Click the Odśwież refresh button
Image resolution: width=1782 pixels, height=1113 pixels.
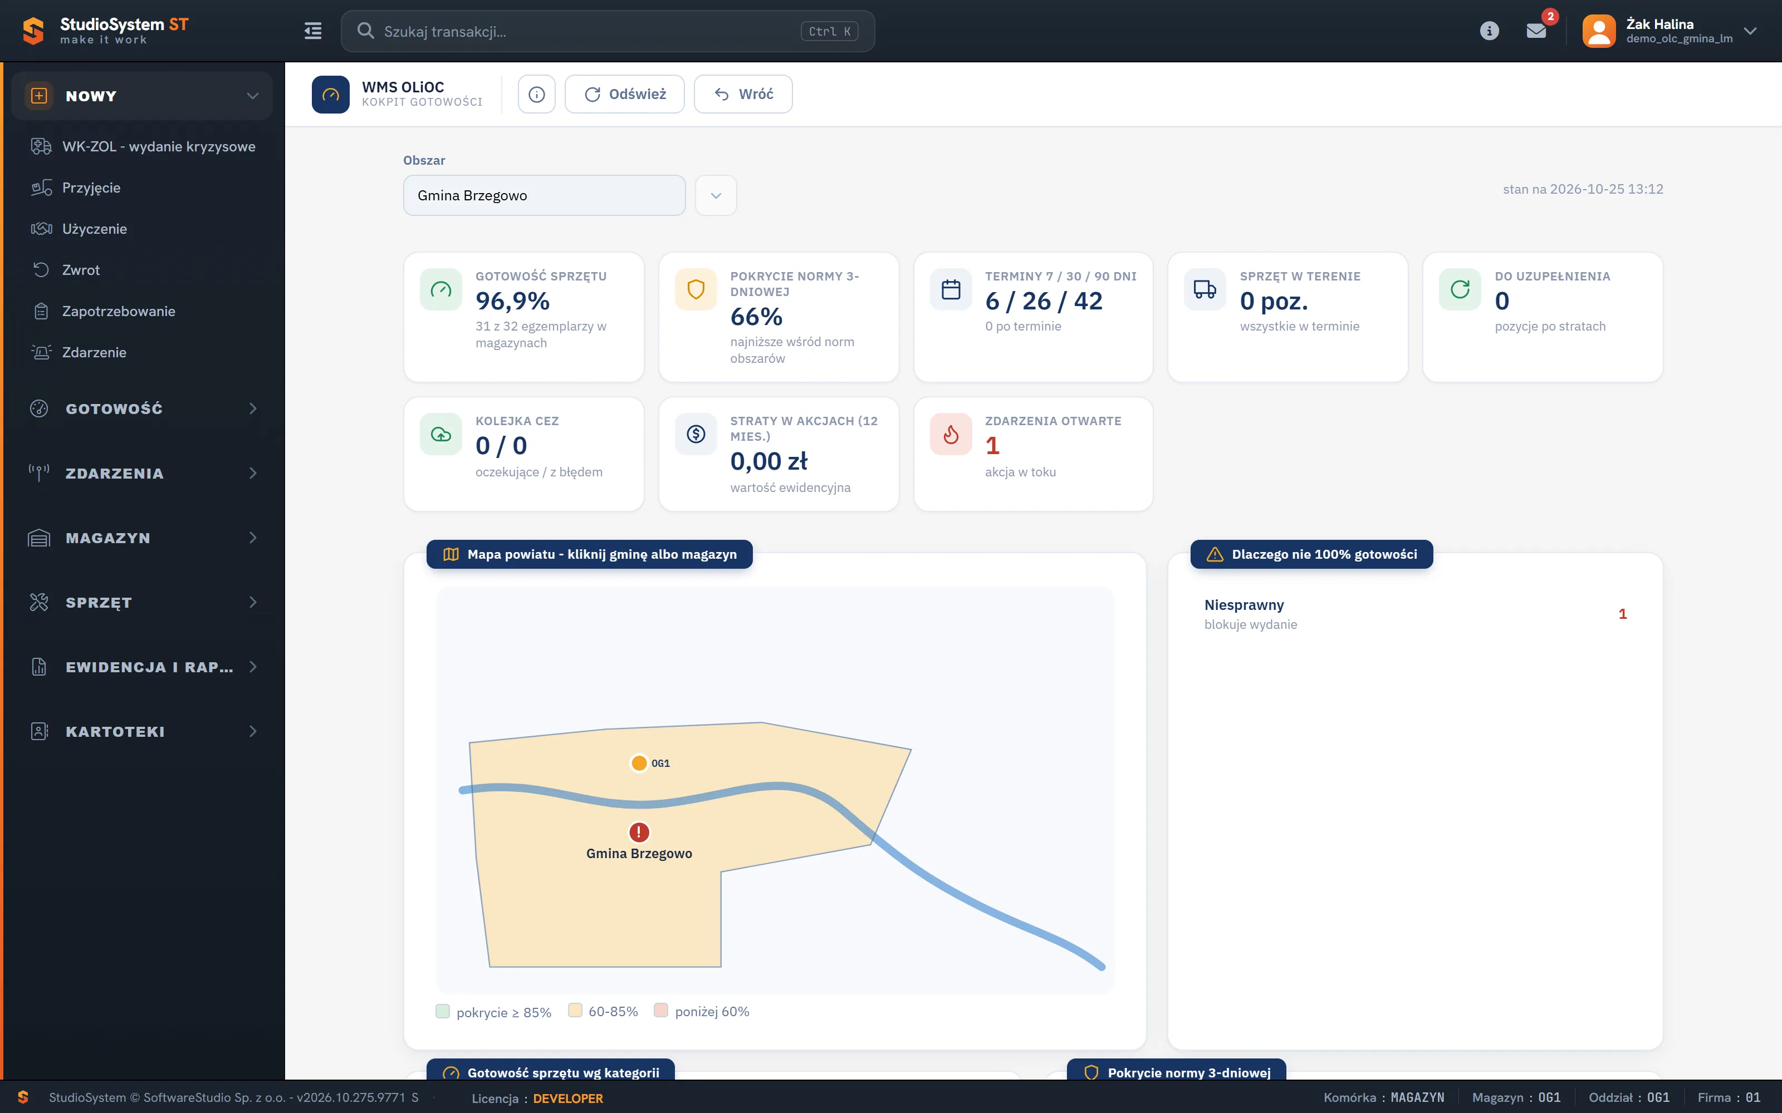point(624,94)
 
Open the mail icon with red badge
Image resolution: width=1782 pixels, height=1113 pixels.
point(1536,31)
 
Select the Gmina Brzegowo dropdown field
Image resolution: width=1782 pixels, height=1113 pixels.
point(544,195)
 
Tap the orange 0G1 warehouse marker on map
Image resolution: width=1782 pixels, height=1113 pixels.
point(639,762)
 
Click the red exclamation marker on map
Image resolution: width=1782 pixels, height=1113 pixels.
point(639,832)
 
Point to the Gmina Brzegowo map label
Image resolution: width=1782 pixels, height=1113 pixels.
point(639,853)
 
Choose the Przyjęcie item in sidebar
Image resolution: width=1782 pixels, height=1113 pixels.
point(91,188)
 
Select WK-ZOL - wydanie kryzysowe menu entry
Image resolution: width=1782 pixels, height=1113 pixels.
point(159,146)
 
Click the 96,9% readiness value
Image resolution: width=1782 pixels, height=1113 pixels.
point(512,301)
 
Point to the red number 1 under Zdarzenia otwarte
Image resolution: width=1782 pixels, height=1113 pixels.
point(992,445)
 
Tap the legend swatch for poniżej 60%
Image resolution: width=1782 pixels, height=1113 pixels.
point(660,1011)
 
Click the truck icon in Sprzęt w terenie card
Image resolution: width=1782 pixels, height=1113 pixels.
point(1205,289)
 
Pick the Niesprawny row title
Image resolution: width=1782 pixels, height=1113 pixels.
point(1244,605)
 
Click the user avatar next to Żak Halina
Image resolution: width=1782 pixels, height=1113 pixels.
point(1599,31)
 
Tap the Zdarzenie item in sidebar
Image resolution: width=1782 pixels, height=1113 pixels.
point(94,353)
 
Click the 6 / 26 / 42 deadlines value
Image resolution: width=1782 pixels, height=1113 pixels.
point(1044,301)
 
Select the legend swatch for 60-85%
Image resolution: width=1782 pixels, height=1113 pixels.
point(575,1011)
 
